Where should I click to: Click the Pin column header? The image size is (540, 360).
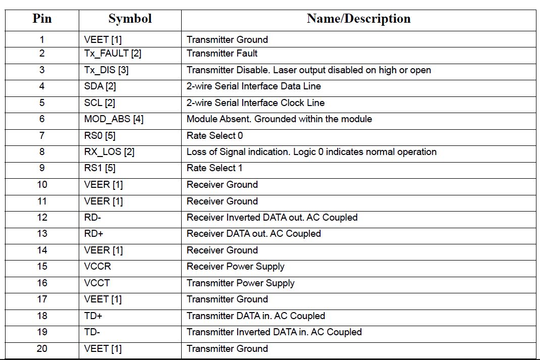tap(42, 19)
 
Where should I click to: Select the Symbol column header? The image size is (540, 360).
tap(130, 19)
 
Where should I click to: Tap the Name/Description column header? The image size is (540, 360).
tap(358, 19)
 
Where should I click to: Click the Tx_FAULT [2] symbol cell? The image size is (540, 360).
tap(113, 54)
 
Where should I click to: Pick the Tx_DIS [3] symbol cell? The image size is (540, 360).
tap(106, 70)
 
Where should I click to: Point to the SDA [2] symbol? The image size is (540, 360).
tap(100, 86)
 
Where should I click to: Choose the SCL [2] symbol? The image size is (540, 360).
tap(99, 103)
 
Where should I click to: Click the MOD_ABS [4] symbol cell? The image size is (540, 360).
tap(114, 119)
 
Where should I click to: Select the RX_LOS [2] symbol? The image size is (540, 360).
tap(109, 152)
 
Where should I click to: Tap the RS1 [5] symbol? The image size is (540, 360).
tap(99, 168)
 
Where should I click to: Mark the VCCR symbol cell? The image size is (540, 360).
tap(97, 267)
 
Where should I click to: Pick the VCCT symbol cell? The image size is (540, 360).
tap(96, 283)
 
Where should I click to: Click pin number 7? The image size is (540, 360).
tap(42, 135)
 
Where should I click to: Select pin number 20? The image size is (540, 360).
tap(42, 348)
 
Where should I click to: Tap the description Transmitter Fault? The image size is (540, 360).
tap(222, 54)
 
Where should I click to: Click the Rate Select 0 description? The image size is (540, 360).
tap(214, 135)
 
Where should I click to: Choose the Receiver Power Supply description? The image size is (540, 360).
tap(235, 267)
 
